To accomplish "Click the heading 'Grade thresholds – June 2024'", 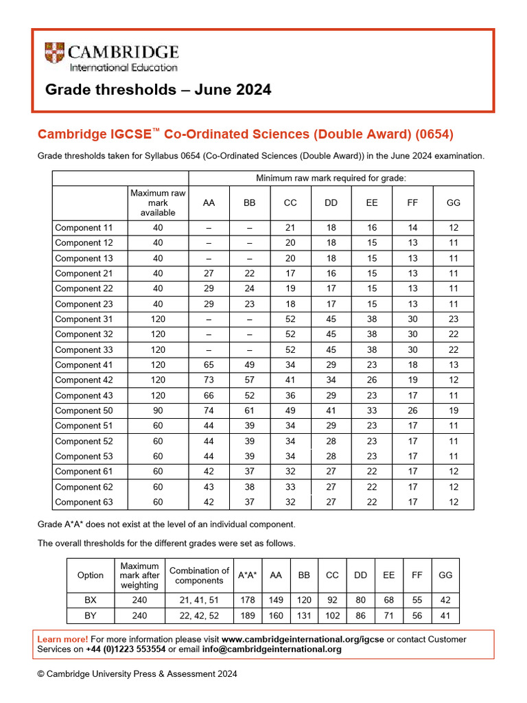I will pos(158,90).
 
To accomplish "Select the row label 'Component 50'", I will pos(83,411).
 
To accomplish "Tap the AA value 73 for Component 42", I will pos(209,380).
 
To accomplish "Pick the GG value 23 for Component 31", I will pos(453,319).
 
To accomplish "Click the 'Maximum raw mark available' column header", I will pos(158,203).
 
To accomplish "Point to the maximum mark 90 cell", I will pos(158,411).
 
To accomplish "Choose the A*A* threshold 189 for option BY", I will pos(248,616).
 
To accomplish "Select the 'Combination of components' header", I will pos(199,575).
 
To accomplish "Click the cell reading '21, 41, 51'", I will pos(199,599).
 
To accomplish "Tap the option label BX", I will pos(91,599).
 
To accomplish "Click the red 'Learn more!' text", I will pos(62,639).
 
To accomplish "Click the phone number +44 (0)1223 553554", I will pos(125,649).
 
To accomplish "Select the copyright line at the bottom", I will pos(137,674).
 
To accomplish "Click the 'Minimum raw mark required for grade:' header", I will pos(331,178).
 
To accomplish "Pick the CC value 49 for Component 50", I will pos(290,411).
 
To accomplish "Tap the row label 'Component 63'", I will pos(83,502).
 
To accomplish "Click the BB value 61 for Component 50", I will pos(249,411).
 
